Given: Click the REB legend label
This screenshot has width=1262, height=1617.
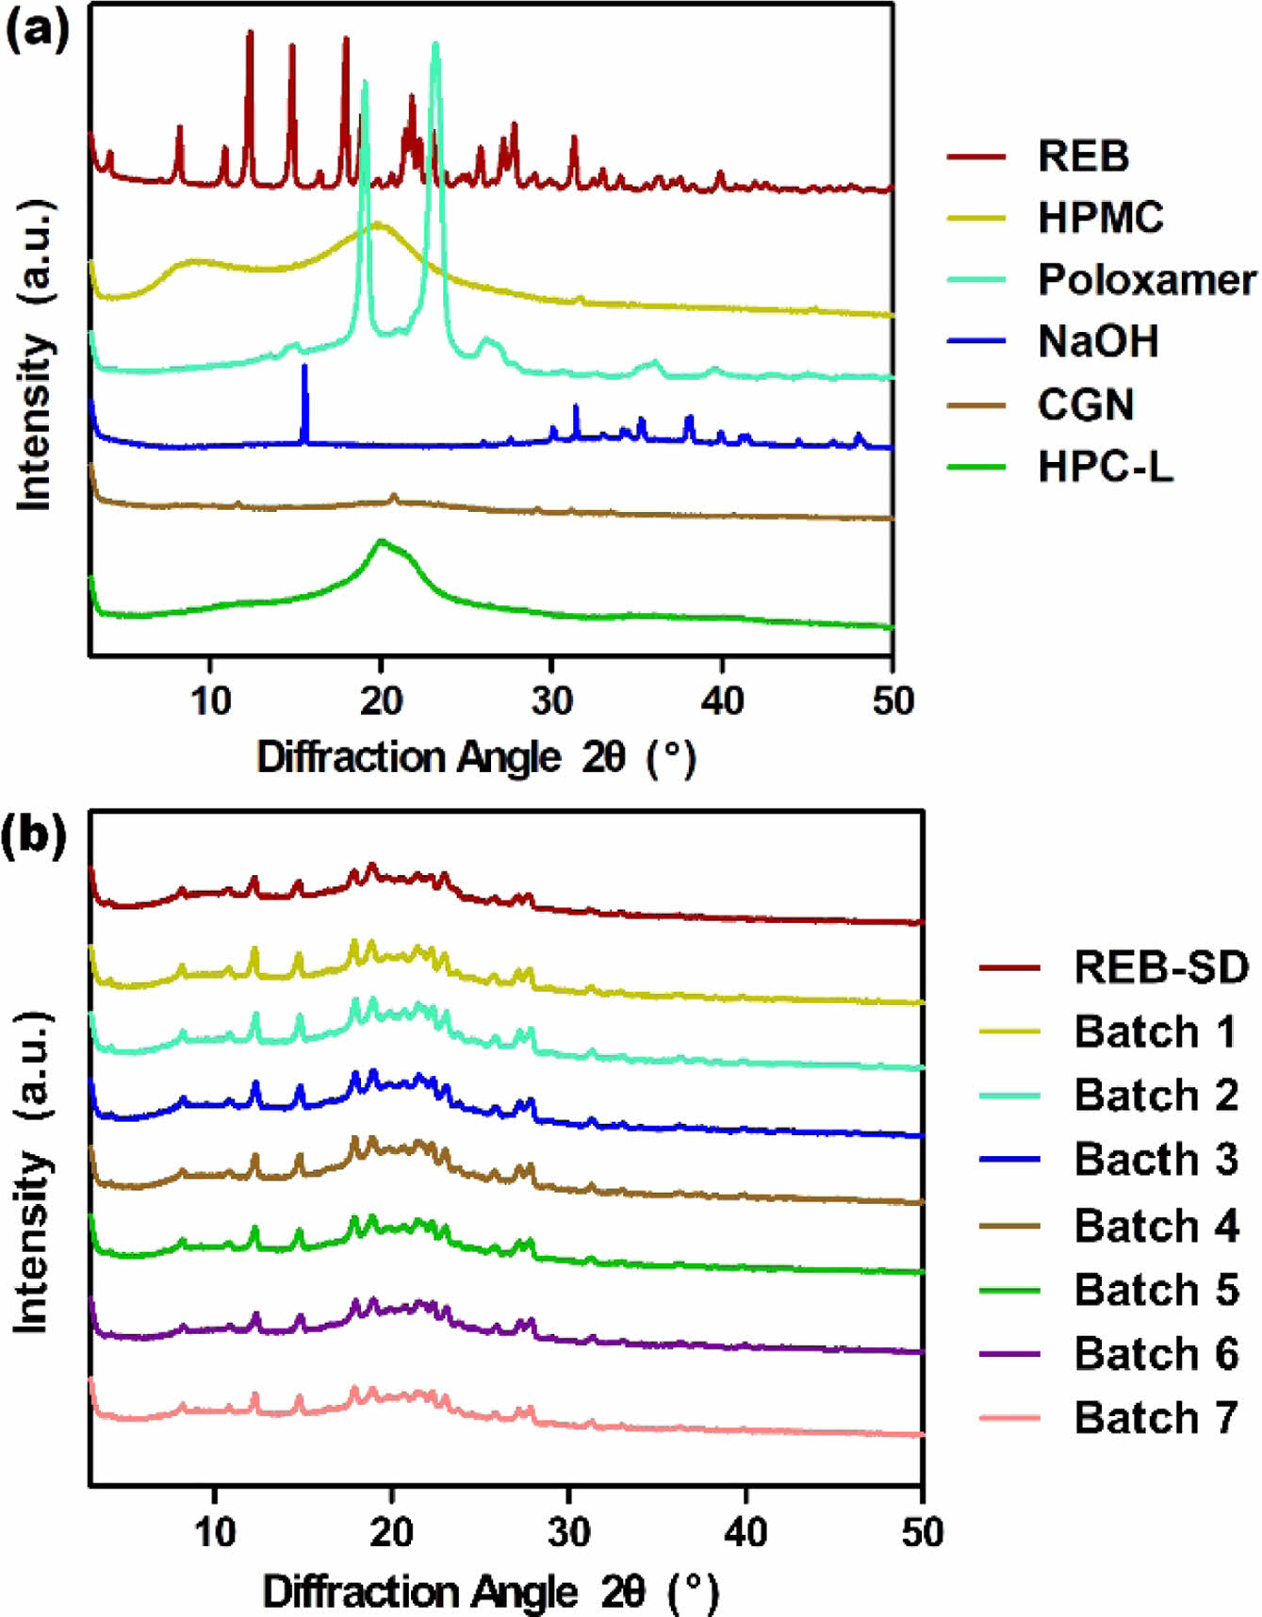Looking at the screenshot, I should (x=1083, y=156).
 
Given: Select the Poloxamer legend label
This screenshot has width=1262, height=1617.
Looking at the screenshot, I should (x=1146, y=280).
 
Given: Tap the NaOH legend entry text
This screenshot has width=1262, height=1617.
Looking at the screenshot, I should (x=1098, y=341).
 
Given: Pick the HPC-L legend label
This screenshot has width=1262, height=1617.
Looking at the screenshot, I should (x=1106, y=467).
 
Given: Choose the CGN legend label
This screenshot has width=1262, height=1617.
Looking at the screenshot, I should (x=1086, y=404).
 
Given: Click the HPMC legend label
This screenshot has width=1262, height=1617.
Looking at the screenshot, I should (x=1101, y=218).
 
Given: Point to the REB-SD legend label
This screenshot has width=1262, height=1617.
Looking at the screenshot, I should (x=1161, y=967).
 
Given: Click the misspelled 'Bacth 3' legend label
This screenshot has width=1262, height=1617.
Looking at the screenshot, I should (x=1155, y=1160).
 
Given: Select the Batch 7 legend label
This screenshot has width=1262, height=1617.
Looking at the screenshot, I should (x=1155, y=1417).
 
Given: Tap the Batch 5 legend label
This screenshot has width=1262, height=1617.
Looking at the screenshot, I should (x=1155, y=1289).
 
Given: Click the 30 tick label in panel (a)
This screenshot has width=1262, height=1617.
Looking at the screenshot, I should (x=551, y=701).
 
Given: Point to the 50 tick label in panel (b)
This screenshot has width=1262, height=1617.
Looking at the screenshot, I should (x=921, y=1532).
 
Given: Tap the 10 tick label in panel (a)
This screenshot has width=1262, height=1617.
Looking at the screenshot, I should (x=210, y=701).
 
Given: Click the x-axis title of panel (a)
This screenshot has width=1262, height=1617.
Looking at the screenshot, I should (x=476, y=758).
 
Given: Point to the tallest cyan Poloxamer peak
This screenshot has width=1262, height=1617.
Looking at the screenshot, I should (x=434, y=47).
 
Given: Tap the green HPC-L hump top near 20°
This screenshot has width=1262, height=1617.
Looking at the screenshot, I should (x=382, y=542).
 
